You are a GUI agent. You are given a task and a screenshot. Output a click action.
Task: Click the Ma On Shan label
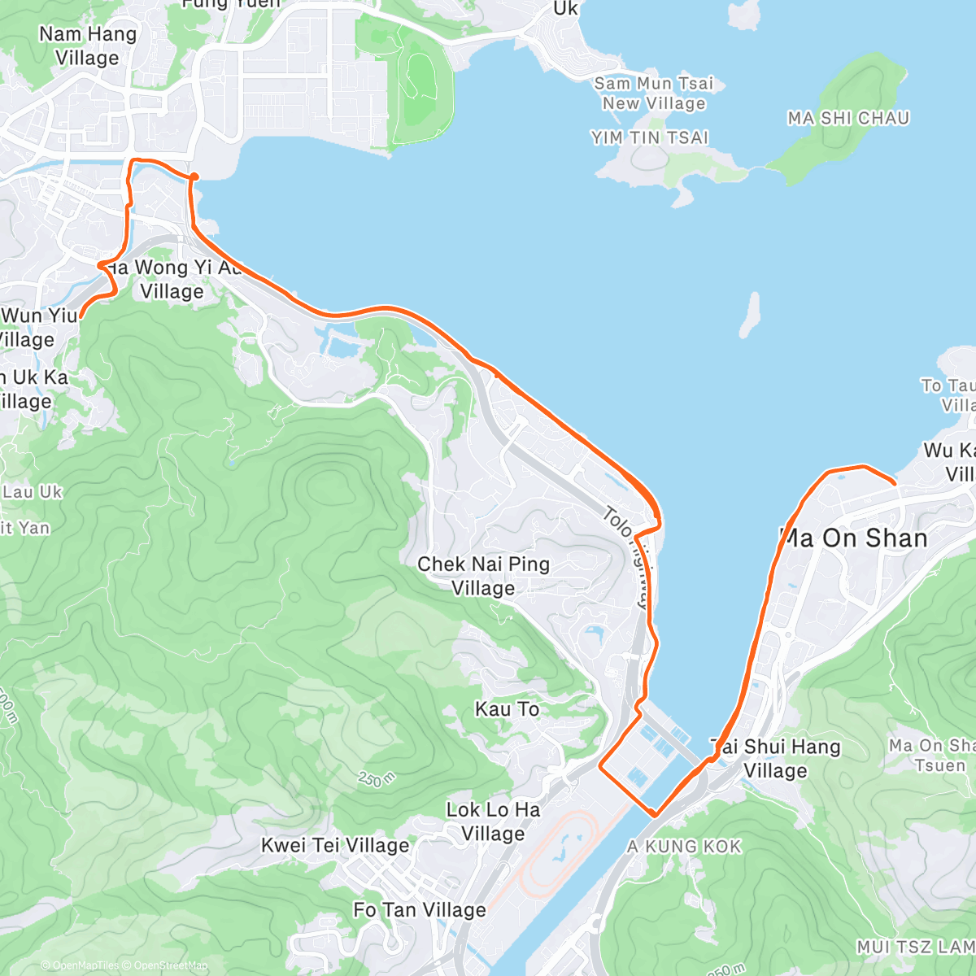(x=854, y=538)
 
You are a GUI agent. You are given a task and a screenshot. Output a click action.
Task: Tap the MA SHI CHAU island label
(x=848, y=119)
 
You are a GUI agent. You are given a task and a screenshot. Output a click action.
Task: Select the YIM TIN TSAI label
(x=650, y=138)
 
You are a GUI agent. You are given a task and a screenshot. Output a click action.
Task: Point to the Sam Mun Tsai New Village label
(x=654, y=94)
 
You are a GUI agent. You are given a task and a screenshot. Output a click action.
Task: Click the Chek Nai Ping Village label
(x=483, y=576)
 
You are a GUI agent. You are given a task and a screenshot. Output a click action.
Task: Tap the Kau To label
(x=507, y=709)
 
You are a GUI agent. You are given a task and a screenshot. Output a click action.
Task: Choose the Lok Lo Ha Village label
(x=493, y=821)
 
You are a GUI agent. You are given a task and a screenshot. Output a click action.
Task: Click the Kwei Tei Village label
(x=335, y=846)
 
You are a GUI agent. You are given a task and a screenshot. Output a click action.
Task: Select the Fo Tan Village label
(x=420, y=910)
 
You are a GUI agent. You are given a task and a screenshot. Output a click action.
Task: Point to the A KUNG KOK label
(x=685, y=847)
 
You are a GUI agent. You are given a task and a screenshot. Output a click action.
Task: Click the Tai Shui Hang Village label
(x=775, y=758)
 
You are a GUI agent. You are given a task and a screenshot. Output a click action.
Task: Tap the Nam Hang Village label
(x=88, y=46)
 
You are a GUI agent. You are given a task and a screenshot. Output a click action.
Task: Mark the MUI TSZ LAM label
(x=915, y=947)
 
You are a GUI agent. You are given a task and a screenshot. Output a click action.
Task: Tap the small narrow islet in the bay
(x=750, y=316)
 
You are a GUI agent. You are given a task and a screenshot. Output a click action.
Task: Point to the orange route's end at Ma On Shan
(x=895, y=484)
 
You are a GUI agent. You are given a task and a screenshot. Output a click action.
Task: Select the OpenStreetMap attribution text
(x=171, y=965)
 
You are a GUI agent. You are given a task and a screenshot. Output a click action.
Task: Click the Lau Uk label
(x=33, y=492)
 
